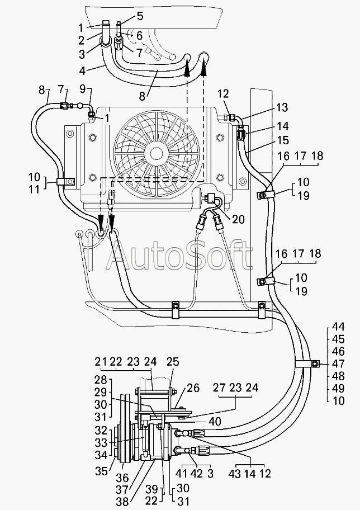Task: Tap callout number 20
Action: (x=239, y=220)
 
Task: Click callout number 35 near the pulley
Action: (x=102, y=471)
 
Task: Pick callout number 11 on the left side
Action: (x=34, y=190)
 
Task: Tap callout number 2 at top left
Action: (x=81, y=40)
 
